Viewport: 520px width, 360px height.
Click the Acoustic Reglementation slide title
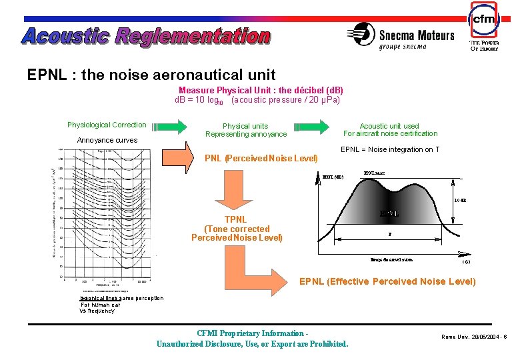tap(146, 36)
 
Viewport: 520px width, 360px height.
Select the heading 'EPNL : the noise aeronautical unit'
tap(151, 75)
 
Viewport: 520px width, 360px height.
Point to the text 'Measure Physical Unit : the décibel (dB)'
tap(261, 90)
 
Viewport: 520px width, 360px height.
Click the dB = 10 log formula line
tap(257, 100)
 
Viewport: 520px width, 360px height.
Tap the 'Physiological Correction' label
tap(107, 125)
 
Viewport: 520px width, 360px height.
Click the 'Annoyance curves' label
tap(107, 140)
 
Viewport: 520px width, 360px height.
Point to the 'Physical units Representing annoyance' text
tap(245, 130)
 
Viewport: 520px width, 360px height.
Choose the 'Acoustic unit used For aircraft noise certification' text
tap(389, 129)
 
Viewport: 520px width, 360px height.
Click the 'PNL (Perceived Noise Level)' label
tap(261, 159)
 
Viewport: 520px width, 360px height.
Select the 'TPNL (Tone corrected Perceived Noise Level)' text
tap(236, 229)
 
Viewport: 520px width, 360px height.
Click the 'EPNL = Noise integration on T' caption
tap(390, 149)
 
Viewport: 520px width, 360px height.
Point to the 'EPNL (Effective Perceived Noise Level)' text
tap(387, 281)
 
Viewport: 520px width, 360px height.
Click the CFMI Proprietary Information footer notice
tap(252, 339)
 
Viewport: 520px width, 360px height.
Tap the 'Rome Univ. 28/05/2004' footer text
tap(474, 337)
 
